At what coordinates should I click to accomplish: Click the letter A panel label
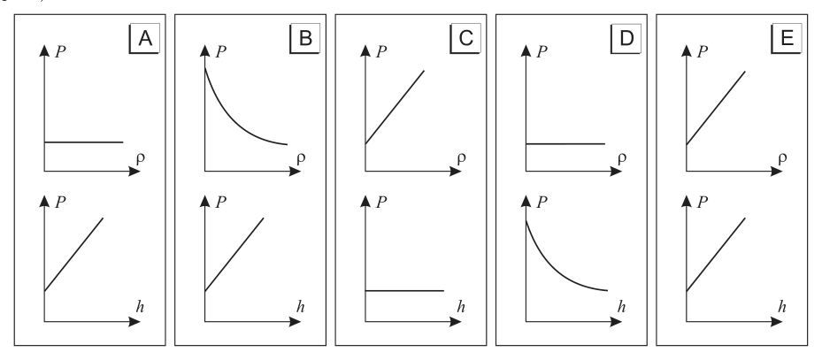[145, 38]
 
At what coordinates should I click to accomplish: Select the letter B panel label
[305, 38]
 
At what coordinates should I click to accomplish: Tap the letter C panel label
[465, 38]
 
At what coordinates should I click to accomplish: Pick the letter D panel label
[626, 38]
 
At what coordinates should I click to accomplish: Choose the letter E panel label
[787, 38]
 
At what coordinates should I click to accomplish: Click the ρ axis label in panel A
[141, 158]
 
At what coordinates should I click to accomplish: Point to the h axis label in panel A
[140, 307]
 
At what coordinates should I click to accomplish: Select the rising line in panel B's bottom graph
[234, 255]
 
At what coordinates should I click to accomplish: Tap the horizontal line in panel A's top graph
[84, 142]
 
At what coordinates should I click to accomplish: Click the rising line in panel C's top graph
[395, 107]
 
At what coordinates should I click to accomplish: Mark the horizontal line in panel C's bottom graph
[404, 290]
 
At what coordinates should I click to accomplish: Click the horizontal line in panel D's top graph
[565, 143]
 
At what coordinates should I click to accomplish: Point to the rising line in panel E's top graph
[716, 108]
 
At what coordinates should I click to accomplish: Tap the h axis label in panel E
[781, 307]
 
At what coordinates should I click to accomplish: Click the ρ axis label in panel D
[622, 158]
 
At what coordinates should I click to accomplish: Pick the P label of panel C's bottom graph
[381, 203]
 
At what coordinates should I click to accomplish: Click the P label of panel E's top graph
[703, 51]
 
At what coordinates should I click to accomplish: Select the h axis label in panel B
[300, 307]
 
